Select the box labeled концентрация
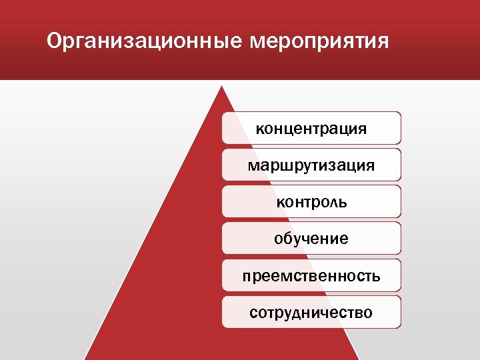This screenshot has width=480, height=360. [311, 128]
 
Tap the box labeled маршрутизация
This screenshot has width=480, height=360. [311, 165]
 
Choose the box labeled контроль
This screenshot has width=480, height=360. [311, 201]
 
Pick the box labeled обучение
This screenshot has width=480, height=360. [311, 238]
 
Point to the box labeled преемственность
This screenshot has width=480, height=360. [311, 275]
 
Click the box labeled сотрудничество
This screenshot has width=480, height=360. [311, 312]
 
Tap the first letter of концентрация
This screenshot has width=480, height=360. [260, 129]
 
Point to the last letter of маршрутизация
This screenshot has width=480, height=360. [370, 165]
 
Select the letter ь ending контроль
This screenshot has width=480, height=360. [343, 202]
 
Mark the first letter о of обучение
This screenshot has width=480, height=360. [279, 239]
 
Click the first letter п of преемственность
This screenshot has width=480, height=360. [246, 276]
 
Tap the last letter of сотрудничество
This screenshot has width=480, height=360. [369, 313]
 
